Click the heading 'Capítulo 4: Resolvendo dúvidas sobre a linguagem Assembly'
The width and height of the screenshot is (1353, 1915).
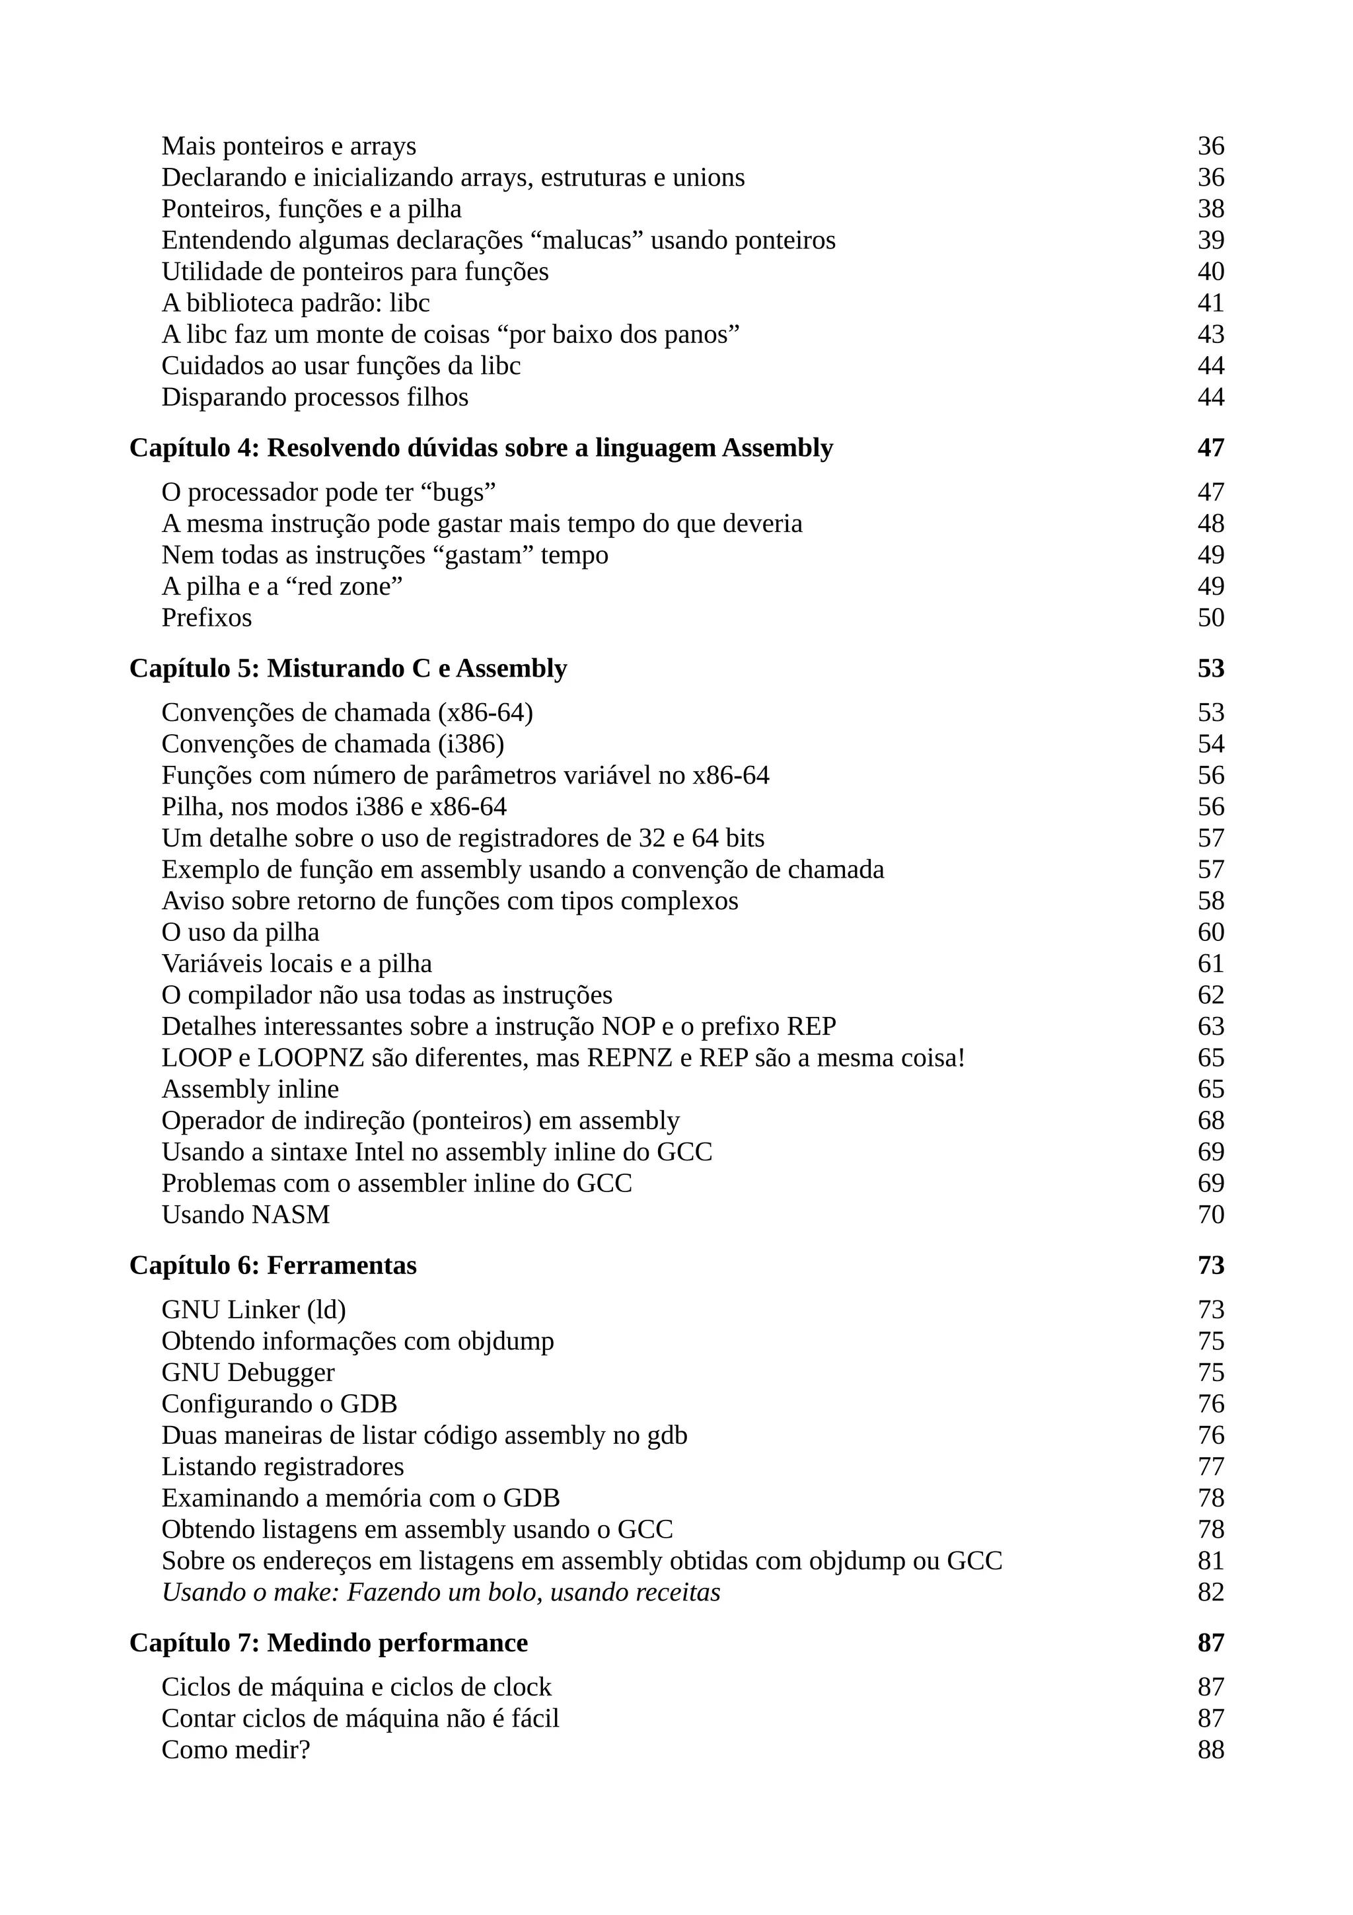click(x=481, y=448)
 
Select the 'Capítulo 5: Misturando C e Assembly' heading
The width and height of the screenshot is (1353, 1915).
click(x=347, y=668)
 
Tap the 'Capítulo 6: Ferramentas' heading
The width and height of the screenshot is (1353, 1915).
click(x=273, y=1265)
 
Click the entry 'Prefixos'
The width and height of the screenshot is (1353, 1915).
click(x=206, y=617)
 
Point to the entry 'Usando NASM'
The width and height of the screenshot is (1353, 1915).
click(x=245, y=1215)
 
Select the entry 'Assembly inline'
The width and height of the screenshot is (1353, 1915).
click(x=250, y=1088)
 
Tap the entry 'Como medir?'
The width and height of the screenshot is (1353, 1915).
click(x=235, y=1749)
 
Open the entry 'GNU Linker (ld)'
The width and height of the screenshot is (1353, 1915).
click(x=254, y=1310)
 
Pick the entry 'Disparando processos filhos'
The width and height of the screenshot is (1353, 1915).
click(x=314, y=397)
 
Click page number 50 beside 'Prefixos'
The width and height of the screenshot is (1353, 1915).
click(x=1210, y=617)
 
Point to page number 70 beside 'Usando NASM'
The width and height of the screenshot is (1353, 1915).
click(x=1210, y=1215)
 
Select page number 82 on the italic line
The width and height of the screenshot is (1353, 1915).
click(x=1210, y=1593)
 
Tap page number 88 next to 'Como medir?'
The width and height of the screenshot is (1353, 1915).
click(x=1210, y=1749)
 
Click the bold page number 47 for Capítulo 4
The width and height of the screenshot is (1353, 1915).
click(x=1210, y=448)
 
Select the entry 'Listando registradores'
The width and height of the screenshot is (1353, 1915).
click(x=283, y=1466)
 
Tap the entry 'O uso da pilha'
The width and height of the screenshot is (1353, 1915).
click(x=240, y=932)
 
